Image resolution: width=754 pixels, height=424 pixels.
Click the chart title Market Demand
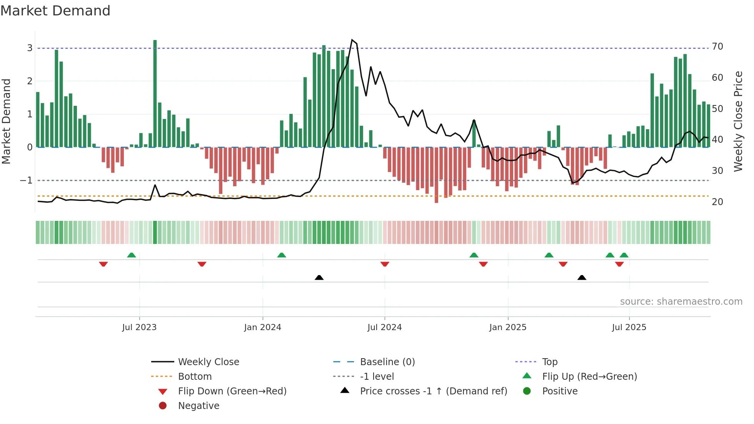click(55, 11)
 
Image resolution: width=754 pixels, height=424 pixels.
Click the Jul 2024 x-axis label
click(384, 327)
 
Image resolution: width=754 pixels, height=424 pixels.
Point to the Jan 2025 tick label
click(507, 327)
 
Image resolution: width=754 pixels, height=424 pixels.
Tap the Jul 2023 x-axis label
click(139, 327)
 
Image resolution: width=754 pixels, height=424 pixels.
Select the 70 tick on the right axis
click(717, 47)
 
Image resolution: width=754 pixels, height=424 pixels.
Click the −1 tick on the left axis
click(26, 180)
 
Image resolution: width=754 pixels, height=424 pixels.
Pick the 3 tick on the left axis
click(30, 48)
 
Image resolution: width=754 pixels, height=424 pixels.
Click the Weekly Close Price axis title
click(738, 121)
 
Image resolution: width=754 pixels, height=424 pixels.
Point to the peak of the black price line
click(352, 40)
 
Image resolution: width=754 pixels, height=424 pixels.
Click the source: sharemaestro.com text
click(681, 301)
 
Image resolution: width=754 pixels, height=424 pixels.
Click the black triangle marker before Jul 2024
click(319, 277)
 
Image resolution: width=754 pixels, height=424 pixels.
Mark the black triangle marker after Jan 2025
click(582, 277)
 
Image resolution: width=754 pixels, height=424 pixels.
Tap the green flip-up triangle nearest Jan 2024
click(282, 255)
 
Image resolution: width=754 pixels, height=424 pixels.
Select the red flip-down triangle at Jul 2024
click(385, 264)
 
